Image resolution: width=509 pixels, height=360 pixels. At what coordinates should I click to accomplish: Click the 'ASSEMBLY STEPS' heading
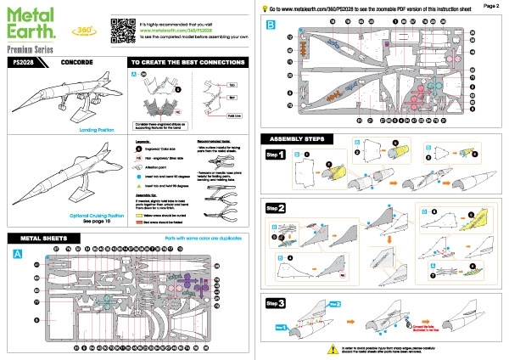point(299,138)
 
